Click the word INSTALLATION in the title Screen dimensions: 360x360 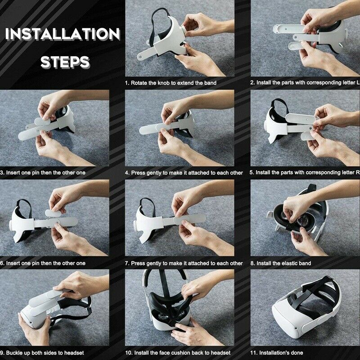pyautogui.click(x=62, y=35)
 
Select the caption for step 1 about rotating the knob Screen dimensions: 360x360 pyautogui.click(x=171, y=83)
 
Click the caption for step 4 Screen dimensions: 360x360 pyautogui.click(x=184, y=172)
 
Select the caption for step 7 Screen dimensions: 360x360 pyautogui.click(x=184, y=263)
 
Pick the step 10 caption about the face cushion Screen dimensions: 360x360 pyautogui.click(x=178, y=352)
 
